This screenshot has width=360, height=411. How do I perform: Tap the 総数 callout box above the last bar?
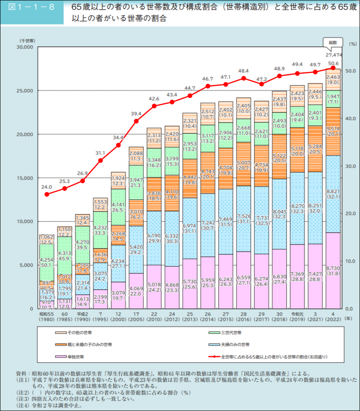(x=333, y=43)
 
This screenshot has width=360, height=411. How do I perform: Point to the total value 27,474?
(x=333, y=55)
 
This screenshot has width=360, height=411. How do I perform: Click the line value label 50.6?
(x=333, y=64)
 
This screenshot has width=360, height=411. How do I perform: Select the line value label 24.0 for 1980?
(x=47, y=187)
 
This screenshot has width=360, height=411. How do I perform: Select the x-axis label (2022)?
(x=333, y=319)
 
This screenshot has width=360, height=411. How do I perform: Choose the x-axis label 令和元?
(x=297, y=314)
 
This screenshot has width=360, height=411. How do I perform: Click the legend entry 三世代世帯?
(x=231, y=332)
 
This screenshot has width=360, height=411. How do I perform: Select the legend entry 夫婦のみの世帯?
(x=235, y=344)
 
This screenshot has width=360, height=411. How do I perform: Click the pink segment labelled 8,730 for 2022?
(x=333, y=270)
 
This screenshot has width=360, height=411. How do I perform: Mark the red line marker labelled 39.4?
(x=136, y=121)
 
